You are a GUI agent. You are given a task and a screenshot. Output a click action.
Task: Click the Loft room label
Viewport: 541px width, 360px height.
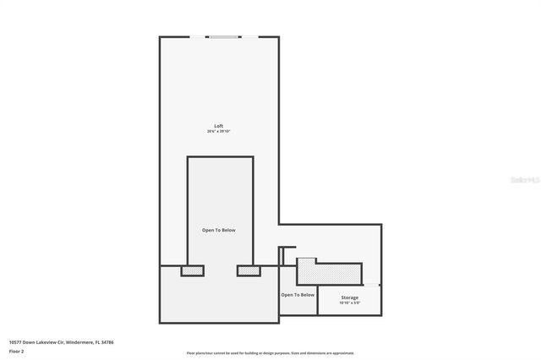click(218, 126)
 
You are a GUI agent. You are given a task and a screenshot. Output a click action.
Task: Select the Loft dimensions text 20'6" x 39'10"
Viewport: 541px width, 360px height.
click(218, 132)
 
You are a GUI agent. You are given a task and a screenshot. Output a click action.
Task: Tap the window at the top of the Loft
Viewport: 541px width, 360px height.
click(224, 36)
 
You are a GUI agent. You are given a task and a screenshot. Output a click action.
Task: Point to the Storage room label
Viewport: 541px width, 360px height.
click(349, 297)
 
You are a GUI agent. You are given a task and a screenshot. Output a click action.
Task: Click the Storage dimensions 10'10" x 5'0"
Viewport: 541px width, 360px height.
click(349, 303)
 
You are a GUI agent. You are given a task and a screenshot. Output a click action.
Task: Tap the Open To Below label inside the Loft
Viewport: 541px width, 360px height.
click(218, 230)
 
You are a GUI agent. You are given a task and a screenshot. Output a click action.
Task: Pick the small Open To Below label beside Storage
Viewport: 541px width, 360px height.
click(298, 295)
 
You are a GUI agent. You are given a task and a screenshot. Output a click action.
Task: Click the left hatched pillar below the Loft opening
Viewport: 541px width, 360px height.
click(192, 270)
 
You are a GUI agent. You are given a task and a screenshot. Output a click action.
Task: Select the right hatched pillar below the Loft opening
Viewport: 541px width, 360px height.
click(248, 270)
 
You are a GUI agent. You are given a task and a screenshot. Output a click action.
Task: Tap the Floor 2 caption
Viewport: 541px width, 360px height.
click(17, 350)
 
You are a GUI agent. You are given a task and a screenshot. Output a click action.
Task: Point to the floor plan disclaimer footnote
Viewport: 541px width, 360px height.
click(270, 353)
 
